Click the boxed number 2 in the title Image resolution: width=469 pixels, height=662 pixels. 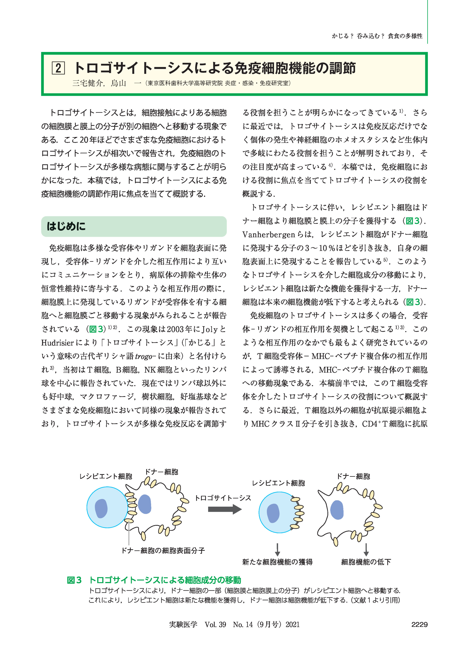click(58, 68)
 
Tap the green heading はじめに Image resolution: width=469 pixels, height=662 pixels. click(66, 226)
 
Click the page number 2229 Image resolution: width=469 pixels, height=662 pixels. click(419, 625)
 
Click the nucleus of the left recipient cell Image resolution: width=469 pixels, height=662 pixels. click(101, 508)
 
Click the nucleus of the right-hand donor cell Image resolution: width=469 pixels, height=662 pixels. click(337, 510)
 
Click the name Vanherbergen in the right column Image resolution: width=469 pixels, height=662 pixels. click(269, 234)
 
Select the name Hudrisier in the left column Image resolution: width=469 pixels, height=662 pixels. click(57, 343)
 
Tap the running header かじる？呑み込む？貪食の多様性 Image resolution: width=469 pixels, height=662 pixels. click(377, 36)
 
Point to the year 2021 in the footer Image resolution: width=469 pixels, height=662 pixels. click(293, 625)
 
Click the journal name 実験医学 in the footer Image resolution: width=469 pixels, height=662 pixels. click(183, 625)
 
